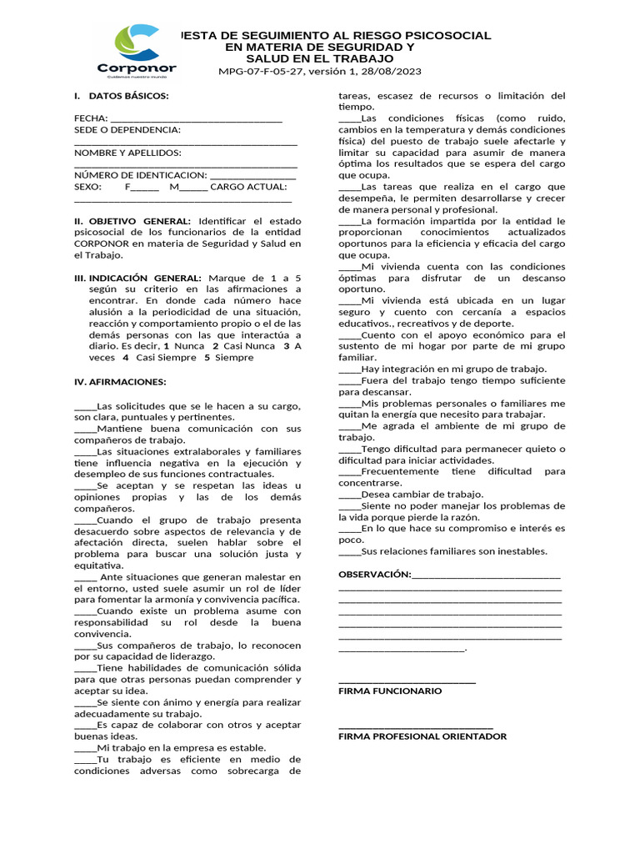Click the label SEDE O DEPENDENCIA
click(x=127, y=129)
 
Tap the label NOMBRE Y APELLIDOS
click(x=127, y=153)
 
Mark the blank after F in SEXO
click(x=145, y=188)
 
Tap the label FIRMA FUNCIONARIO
click(x=390, y=691)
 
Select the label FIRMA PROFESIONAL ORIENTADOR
click(x=422, y=736)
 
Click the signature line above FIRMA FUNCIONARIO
click(x=407, y=682)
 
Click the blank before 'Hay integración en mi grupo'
click(x=350, y=369)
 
